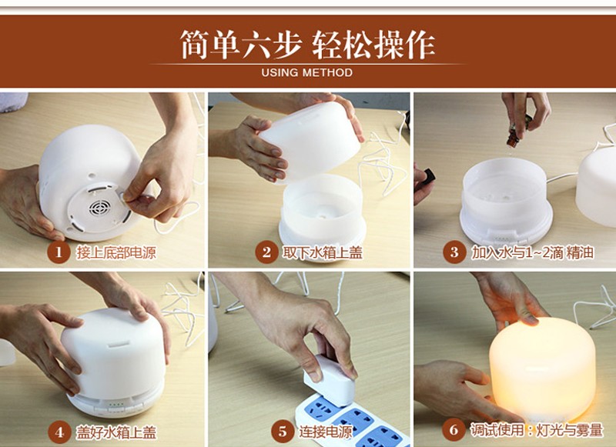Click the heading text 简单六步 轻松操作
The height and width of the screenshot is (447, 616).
307,45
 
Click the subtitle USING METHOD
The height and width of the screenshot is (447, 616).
306,72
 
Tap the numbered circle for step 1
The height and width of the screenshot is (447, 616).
59,252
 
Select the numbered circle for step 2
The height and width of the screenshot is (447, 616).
266,252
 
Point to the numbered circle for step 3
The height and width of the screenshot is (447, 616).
454,252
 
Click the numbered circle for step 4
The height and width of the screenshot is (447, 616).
59,432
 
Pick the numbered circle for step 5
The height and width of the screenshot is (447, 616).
283,432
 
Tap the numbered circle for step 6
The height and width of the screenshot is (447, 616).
454,430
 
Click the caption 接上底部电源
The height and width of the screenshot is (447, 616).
116,252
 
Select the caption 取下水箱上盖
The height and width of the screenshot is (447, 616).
322,252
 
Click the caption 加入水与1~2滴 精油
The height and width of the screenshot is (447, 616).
532,252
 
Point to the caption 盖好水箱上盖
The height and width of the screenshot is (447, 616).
116,432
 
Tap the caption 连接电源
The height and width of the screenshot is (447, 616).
326,432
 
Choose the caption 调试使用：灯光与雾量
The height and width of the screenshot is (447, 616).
537,430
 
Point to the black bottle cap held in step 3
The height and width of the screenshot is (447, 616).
429,175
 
